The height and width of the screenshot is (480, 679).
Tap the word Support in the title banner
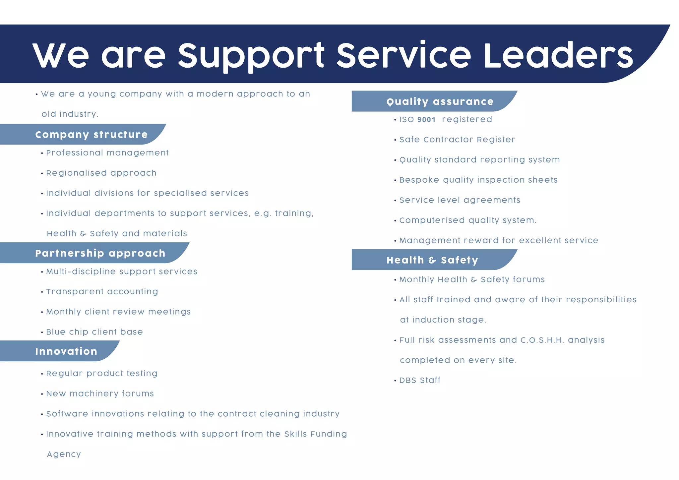pyautogui.click(x=251, y=56)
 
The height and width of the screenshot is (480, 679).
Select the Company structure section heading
pyautogui.click(x=92, y=135)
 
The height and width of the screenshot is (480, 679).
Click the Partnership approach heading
pyautogui.click(x=100, y=253)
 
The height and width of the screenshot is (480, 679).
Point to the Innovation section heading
pyautogui.click(x=66, y=351)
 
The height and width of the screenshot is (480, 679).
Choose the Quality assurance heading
pyautogui.click(x=440, y=101)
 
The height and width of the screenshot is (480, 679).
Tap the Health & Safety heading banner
pyautogui.click(x=432, y=260)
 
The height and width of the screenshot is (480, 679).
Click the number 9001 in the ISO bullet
pyautogui.click(x=426, y=120)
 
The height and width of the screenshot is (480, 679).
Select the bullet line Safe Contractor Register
pyautogui.click(x=457, y=140)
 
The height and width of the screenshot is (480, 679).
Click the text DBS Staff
pyautogui.click(x=420, y=380)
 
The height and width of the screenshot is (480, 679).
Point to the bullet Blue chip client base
pyautogui.click(x=94, y=332)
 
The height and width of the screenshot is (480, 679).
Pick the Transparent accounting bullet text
pyautogui.click(x=102, y=292)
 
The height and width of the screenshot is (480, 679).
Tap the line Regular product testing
pyautogui.click(x=102, y=374)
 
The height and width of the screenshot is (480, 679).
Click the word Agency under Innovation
pyautogui.click(x=64, y=454)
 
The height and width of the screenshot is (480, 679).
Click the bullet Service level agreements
pyautogui.click(x=460, y=200)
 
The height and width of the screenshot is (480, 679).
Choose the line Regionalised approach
pyautogui.click(x=101, y=173)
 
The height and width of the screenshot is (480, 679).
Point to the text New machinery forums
pyautogui.click(x=100, y=394)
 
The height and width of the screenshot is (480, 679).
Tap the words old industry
pyautogui.click(x=70, y=114)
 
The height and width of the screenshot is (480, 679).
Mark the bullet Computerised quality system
pyautogui.click(x=467, y=220)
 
